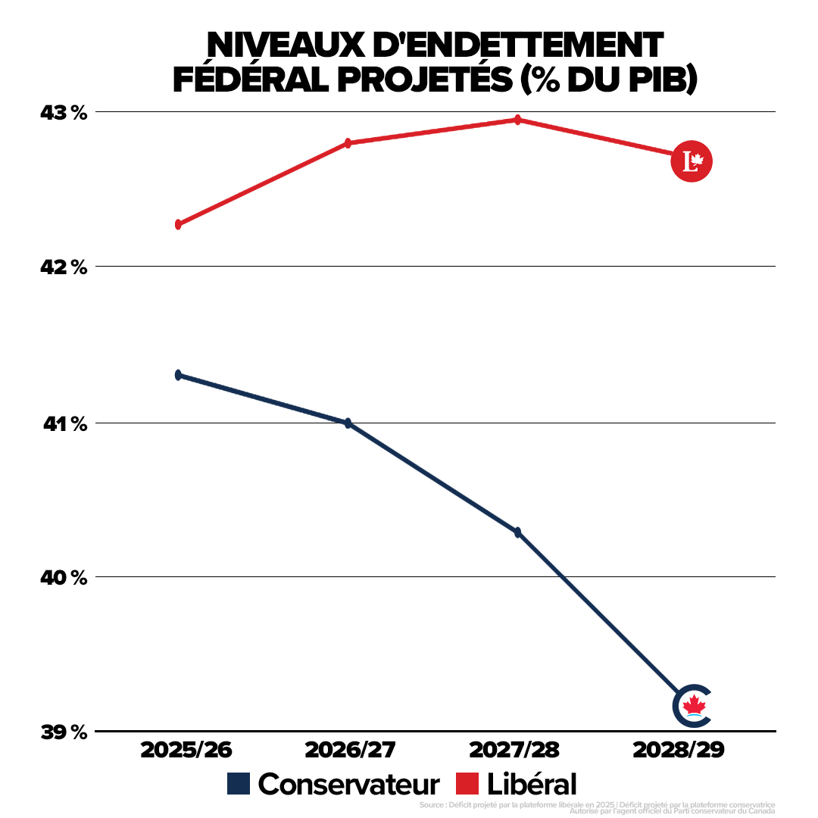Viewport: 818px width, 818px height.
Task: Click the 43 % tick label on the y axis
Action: click(64, 113)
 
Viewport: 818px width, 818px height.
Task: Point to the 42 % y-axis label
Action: click(64, 267)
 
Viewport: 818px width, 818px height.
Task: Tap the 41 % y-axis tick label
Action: click(64, 423)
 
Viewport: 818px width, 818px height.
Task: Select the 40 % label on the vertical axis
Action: click(64, 578)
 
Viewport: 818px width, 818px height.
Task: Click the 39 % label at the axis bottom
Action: click(64, 732)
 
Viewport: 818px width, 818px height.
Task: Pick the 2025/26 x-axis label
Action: click(186, 750)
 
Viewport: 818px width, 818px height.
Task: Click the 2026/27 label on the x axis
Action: click(351, 750)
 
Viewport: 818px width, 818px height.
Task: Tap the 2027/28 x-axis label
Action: click(514, 750)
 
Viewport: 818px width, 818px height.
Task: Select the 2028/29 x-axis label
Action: click(679, 750)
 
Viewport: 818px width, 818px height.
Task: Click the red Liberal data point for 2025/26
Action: click(178, 225)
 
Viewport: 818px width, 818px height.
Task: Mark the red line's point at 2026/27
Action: click(348, 143)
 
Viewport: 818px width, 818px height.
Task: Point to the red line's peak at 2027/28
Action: click(517, 120)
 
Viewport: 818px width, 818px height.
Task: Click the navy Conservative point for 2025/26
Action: click(178, 375)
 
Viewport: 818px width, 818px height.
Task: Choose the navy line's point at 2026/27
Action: click(348, 423)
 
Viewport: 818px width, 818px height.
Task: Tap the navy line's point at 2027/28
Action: click(517, 532)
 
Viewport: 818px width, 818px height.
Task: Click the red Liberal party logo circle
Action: click(692, 161)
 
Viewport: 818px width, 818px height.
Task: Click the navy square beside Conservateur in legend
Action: click(238, 784)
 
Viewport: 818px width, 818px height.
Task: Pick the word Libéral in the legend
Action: click(532, 784)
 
